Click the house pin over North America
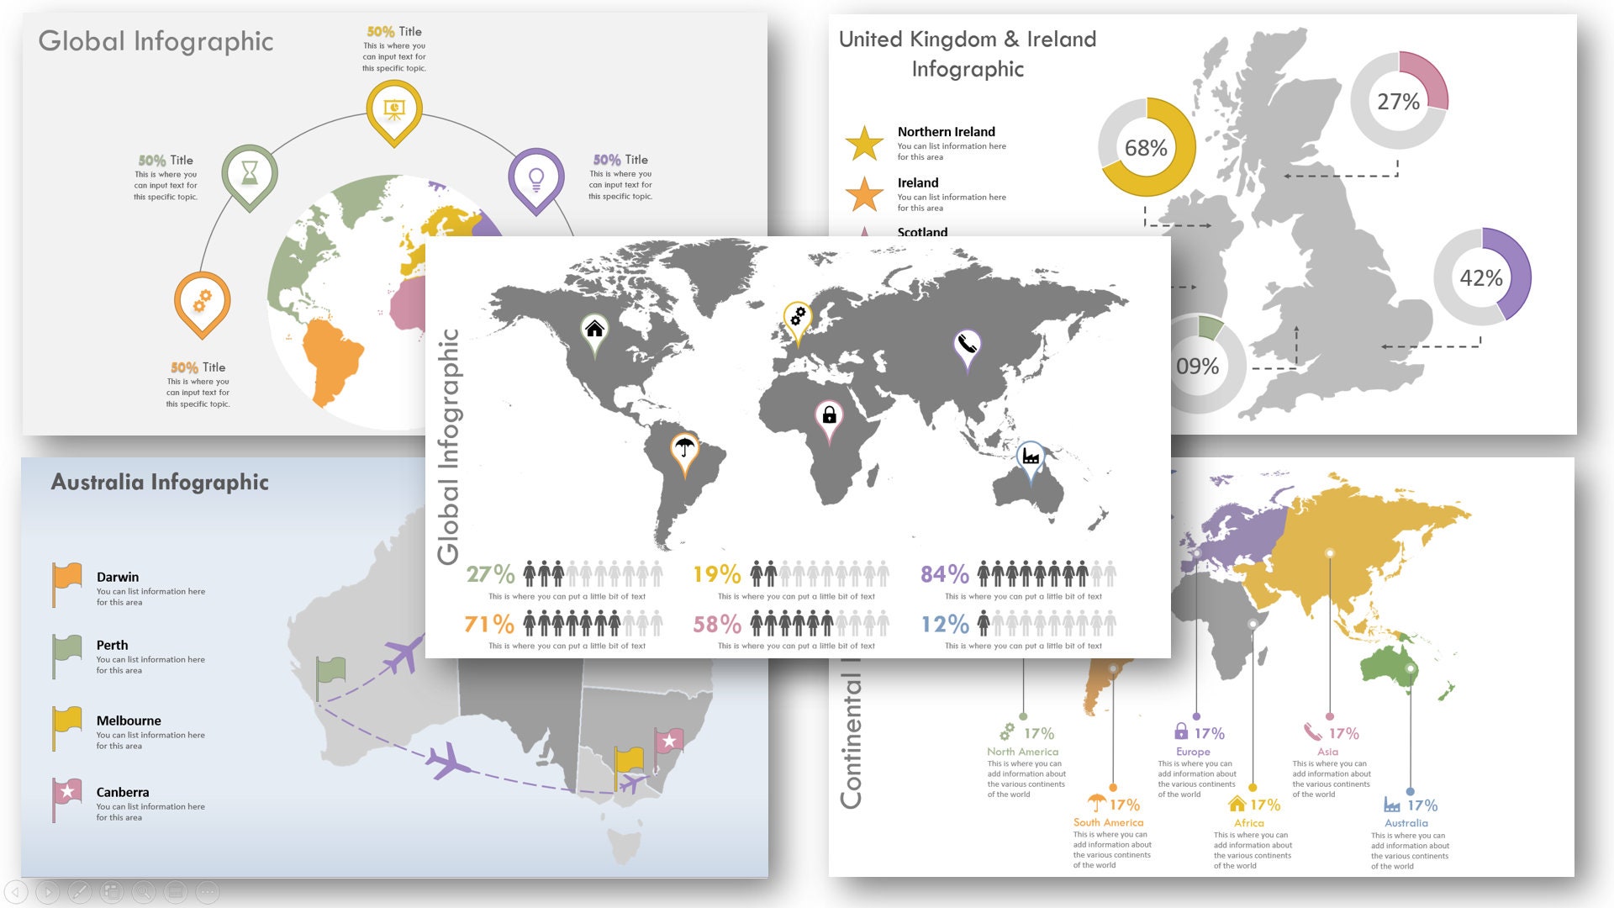pos(594,329)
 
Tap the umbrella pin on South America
pos(684,448)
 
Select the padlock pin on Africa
pos(829,414)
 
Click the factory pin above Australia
pos(1031,457)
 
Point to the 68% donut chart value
pos(1146,148)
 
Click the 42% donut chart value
pos(1480,277)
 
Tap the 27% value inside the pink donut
pos(1398,102)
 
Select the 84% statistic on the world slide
pos(944,574)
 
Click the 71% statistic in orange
pos(488,624)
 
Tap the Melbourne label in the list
pos(129,721)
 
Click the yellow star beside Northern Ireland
pos(864,143)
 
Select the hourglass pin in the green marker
pos(250,173)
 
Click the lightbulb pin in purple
pos(535,177)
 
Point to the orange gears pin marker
pos(202,301)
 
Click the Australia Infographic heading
pos(160,482)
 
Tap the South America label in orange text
pos(1108,822)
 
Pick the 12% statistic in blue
pos(944,624)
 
